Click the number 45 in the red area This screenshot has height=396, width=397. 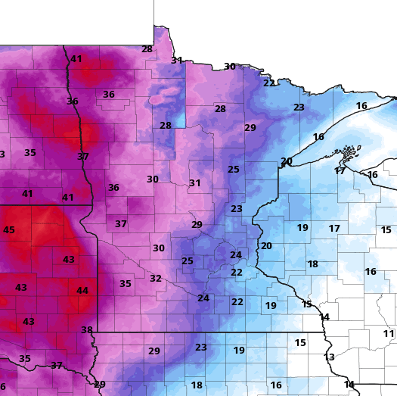(9, 230)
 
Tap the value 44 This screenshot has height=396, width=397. (82, 291)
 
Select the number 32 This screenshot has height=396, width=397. (156, 279)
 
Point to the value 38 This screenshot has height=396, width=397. (87, 330)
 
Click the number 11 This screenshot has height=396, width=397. (389, 334)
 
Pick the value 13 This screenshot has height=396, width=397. (329, 357)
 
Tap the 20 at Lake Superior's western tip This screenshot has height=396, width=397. (287, 161)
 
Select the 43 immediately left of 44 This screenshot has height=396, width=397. (21, 288)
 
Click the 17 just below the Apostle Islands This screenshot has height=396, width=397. (340, 171)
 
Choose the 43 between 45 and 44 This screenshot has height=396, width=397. (69, 260)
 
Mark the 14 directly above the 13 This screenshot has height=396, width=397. (324, 316)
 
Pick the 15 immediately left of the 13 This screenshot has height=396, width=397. (300, 343)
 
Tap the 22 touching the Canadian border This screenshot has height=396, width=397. (269, 83)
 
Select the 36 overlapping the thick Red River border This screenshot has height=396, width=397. (73, 101)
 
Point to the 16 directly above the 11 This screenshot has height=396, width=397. (371, 272)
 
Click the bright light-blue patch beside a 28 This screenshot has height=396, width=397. (181, 118)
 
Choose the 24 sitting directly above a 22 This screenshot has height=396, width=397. (236, 255)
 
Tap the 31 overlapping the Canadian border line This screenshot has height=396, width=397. (177, 61)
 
